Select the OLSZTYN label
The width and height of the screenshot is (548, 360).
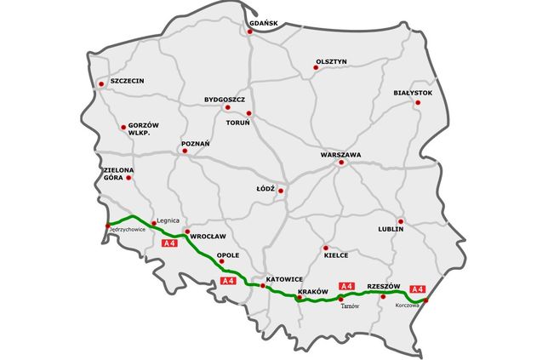[332, 61]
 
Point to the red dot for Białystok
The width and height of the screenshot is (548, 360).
[417, 102]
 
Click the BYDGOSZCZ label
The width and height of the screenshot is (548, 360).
[225, 99]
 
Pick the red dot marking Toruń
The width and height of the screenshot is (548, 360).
[248, 113]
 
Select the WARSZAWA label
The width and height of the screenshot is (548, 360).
[341, 155]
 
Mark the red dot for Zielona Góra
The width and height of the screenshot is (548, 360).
[128, 177]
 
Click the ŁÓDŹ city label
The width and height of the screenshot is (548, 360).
[265, 188]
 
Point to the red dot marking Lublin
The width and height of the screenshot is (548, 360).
[401, 221]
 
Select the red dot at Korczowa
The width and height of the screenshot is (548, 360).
[426, 300]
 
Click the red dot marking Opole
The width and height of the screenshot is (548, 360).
[221, 261]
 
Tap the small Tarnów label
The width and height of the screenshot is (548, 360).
[351, 306]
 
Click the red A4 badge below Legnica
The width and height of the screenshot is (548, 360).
[168, 244]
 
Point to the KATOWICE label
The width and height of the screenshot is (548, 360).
[284, 279]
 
